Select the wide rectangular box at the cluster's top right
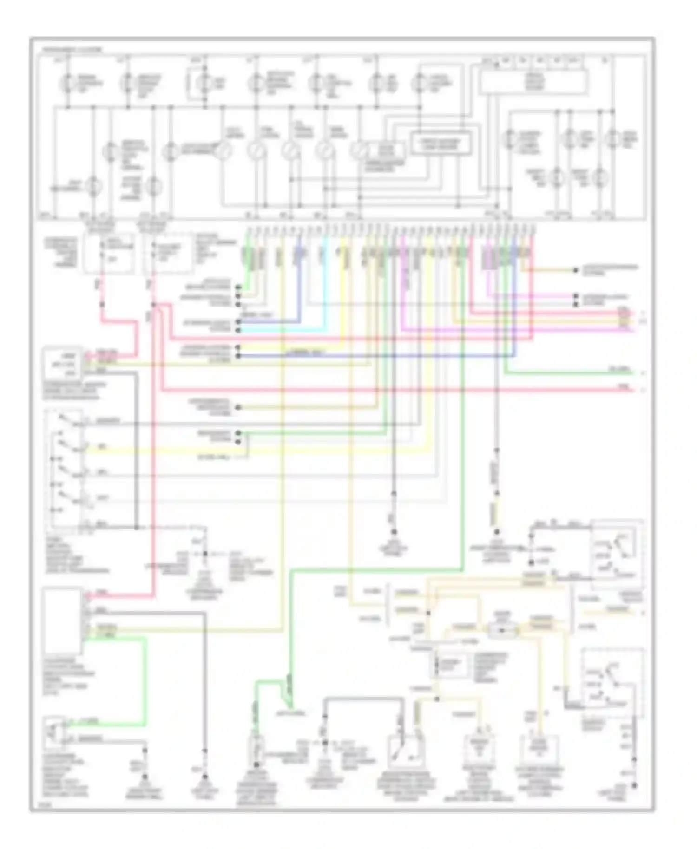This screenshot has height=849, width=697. pyautogui.click(x=533, y=82)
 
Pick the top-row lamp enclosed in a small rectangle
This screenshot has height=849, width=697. pyautogui.click(x=203, y=84)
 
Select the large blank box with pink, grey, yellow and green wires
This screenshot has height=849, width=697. pyautogui.click(x=62, y=621)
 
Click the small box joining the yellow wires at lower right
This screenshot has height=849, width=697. pyautogui.click(x=503, y=630)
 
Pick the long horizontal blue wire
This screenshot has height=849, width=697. pyautogui.click(x=372, y=356)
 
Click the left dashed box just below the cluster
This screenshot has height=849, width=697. pyautogui.click(x=109, y=253)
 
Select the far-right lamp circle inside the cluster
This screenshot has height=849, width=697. pyautogui.click(x=613, y=138)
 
